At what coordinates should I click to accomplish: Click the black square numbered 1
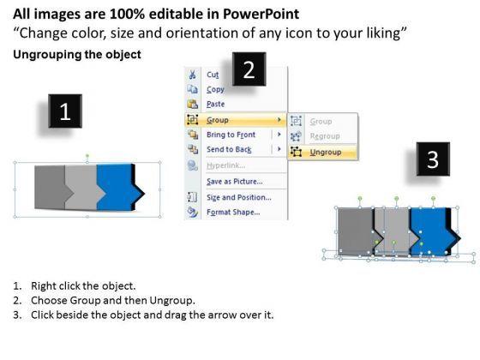click(x=65, y=111)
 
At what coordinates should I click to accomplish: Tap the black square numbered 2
click(x=249, y=69)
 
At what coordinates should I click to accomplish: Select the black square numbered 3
click(x=433, y=159)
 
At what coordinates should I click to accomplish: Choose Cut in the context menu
click(x=213, y=75)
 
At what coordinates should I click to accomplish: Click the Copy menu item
click(x=215, y=89)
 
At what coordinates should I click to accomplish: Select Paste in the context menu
click(x=215, y=104)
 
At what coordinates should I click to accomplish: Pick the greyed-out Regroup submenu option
click(x=325, y=136)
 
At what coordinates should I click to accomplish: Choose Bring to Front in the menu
click(x=231, y=135)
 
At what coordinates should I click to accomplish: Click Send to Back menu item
click(x=229, y=149)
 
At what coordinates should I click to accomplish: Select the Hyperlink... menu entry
click(x=225, y=165)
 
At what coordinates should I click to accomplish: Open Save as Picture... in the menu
click(x=235, y=182)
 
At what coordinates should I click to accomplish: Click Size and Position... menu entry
click(x=239, y=197)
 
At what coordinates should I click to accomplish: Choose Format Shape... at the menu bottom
click(x=233, y=213)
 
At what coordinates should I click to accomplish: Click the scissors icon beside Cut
click(x=192, y=75)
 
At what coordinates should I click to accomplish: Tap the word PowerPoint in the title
click(x=261, y=14)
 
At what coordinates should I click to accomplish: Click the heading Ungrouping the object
click(x=77, y=55)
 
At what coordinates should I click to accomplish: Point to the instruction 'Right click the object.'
click(x=83, y=286)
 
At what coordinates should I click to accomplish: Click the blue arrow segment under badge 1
click(x=117, y=187)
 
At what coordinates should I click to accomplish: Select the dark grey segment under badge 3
click(x=355, y=231)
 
